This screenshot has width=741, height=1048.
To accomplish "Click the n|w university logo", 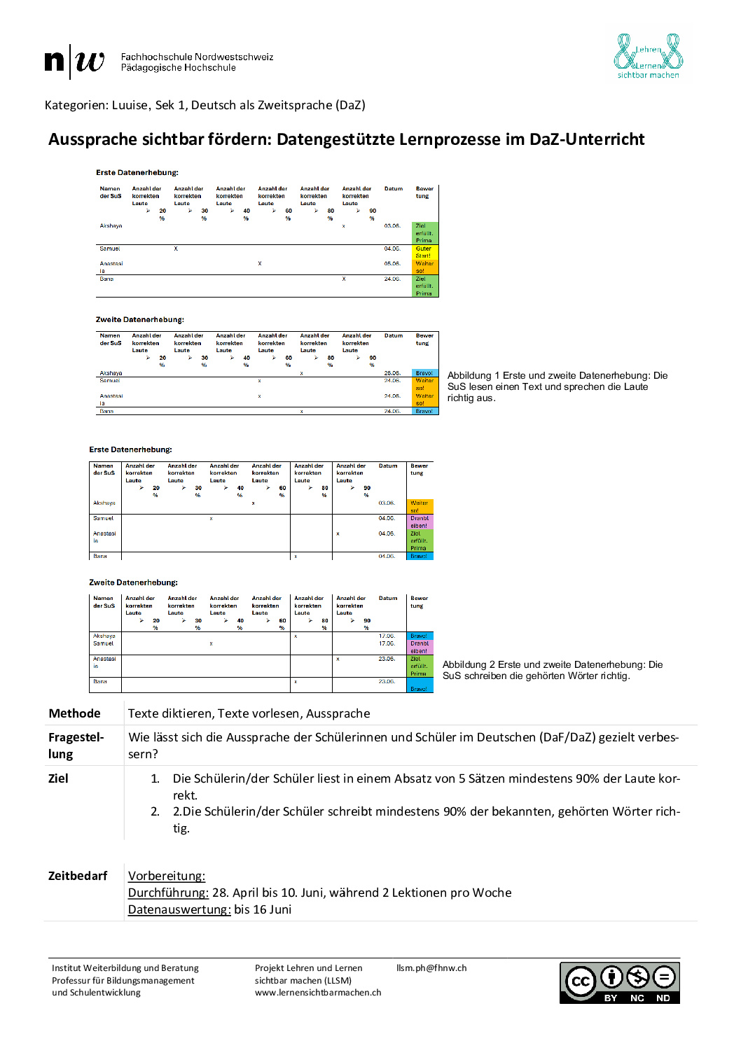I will coord(74,62).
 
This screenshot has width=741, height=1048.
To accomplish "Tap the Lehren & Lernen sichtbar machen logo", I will coord(648,56).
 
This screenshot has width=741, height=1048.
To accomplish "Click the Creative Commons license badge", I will coord(619,983).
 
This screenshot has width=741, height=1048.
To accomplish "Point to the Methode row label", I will coord(74,713).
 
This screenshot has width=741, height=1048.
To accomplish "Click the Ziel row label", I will coord(58,778).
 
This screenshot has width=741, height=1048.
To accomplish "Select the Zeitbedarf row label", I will coord(78,876).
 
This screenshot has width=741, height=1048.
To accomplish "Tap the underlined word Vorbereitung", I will coord(166,876).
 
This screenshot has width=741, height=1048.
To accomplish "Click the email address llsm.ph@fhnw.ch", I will coord(431,968).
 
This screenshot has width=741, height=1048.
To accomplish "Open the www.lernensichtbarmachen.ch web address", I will coord(318,993).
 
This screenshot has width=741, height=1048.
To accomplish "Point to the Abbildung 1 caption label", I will coord(473,376).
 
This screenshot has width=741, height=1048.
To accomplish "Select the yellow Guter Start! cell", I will coord(424,252).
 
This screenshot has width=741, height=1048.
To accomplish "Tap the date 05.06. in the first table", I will coord(392,264).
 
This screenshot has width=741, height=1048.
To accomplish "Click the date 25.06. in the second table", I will coord(392,373).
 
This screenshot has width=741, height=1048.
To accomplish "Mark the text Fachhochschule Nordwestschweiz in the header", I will coord(197,57).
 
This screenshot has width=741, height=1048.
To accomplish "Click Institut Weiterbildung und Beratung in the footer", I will coord(125,968).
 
